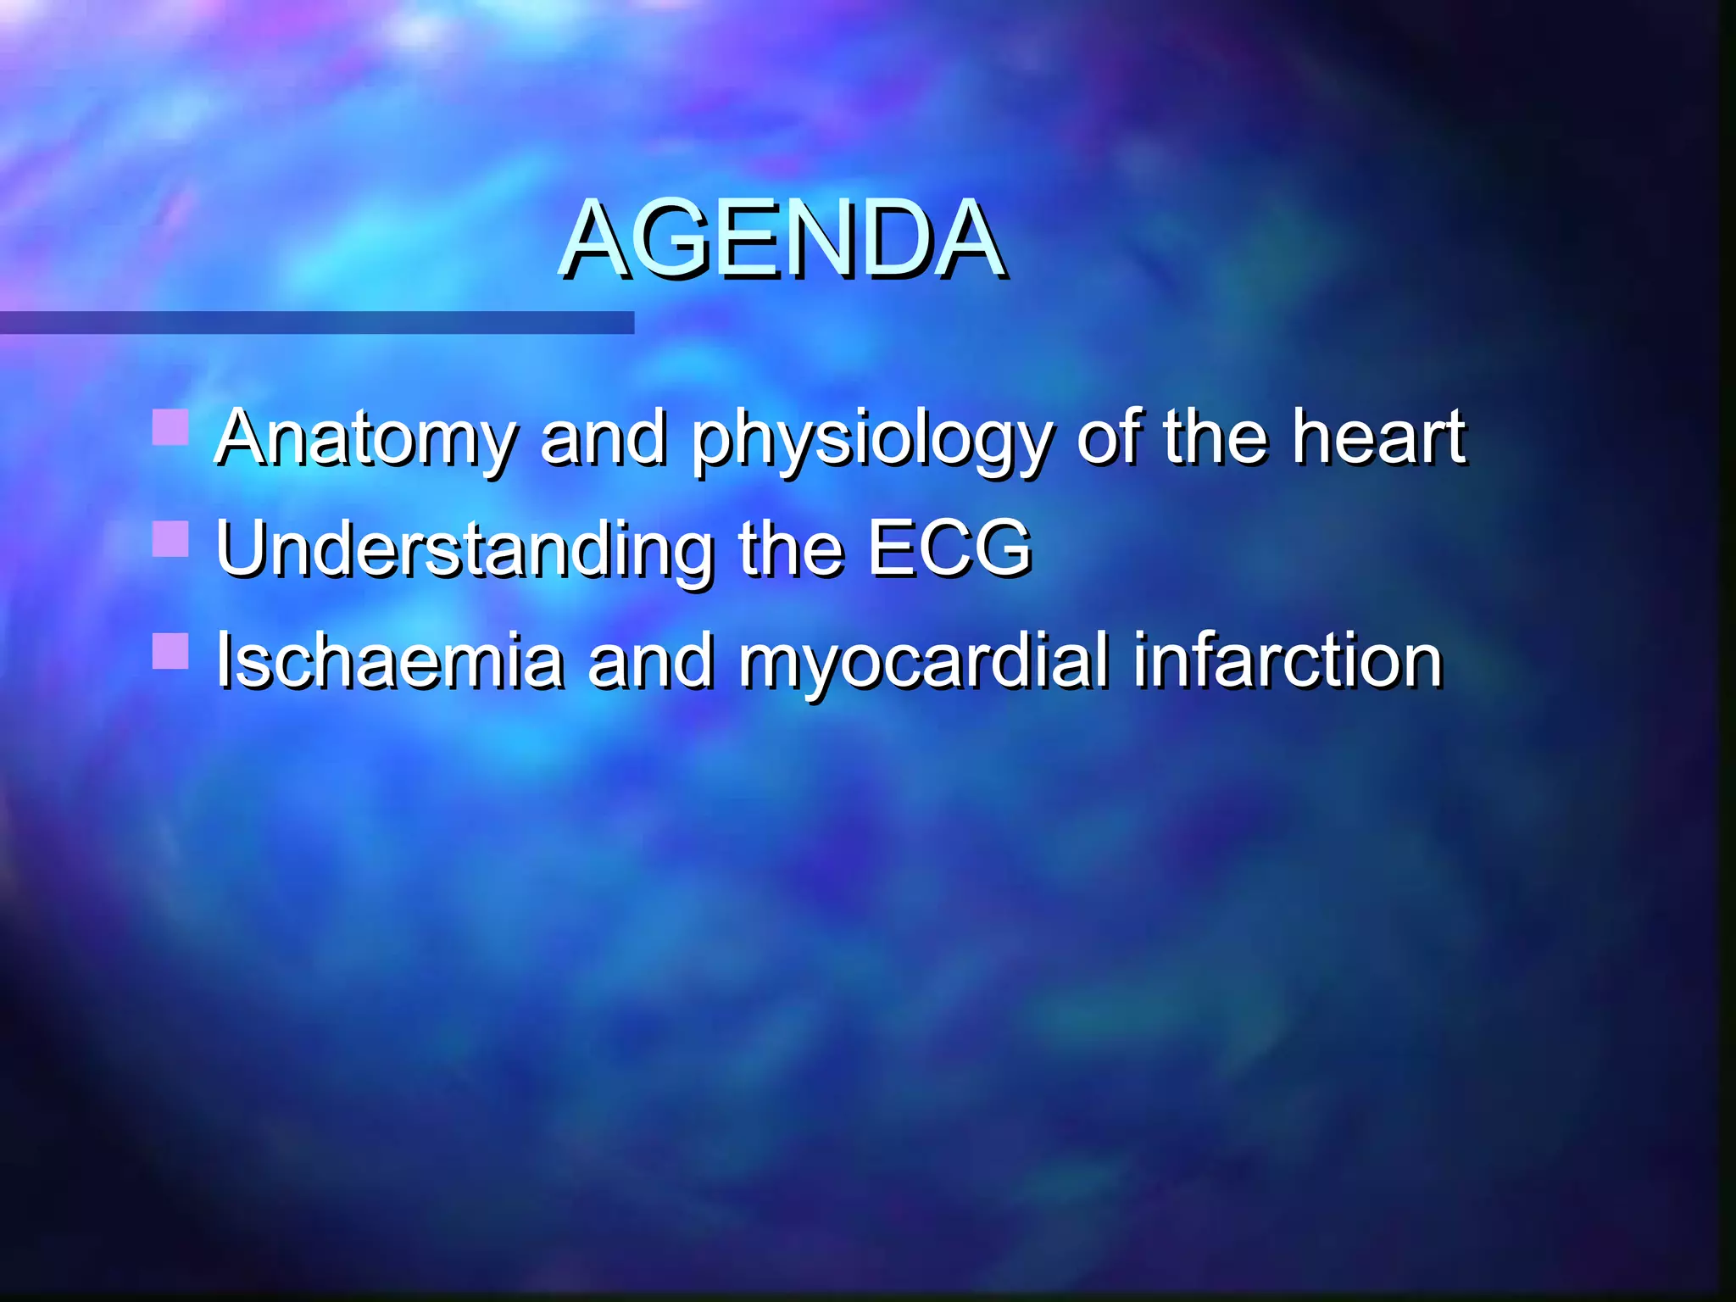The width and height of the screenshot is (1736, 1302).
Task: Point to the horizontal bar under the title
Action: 316,322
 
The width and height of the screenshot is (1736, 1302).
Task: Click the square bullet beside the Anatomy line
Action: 170,427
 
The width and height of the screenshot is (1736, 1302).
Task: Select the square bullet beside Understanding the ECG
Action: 170,539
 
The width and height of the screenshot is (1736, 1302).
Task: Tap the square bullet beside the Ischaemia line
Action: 170,651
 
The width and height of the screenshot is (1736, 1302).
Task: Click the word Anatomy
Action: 364,439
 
